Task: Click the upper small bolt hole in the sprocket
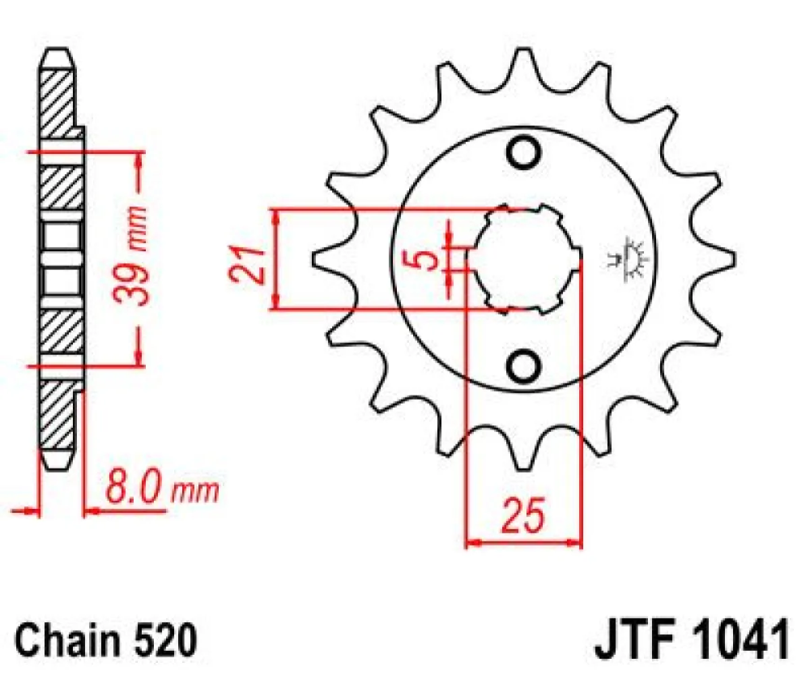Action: [524, 153]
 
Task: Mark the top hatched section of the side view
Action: [57, 94]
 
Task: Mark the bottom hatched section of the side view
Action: [57, 418]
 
